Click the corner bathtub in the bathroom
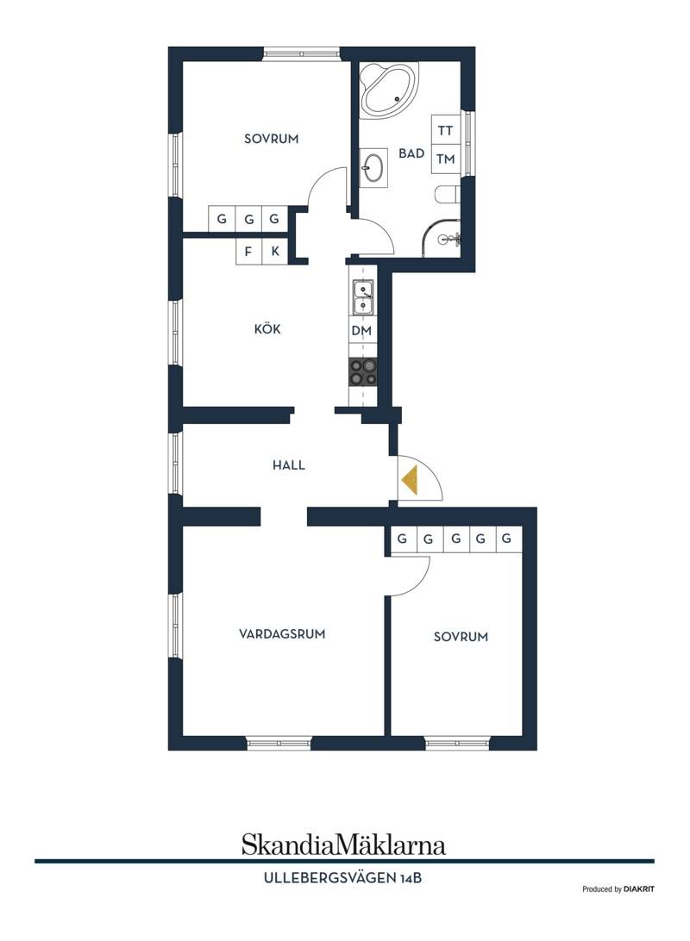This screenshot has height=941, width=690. tap(386, 90)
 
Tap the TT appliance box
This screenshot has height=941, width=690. tap(446, 129)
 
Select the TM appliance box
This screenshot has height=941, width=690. tap(446, 159)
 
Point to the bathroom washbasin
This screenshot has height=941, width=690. tap(373, 168)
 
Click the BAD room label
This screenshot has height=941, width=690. tap(411, 153)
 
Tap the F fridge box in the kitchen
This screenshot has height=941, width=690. tap(248, 252)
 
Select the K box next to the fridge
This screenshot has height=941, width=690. tap(275, 252)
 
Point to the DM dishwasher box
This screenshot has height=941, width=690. tap(361, 331)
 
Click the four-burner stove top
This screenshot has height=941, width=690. tap(363, 372)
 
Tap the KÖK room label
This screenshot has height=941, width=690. tap(267, 329)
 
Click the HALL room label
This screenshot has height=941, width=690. tap(289, 464)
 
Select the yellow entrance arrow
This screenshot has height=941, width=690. tap(410, 479)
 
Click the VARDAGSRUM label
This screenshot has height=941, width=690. tap(282, 633)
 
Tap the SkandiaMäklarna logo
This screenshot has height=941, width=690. tap(343, 844)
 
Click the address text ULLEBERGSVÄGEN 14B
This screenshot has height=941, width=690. tap(343, 878)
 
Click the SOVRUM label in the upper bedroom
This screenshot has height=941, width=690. tap(272, 139)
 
